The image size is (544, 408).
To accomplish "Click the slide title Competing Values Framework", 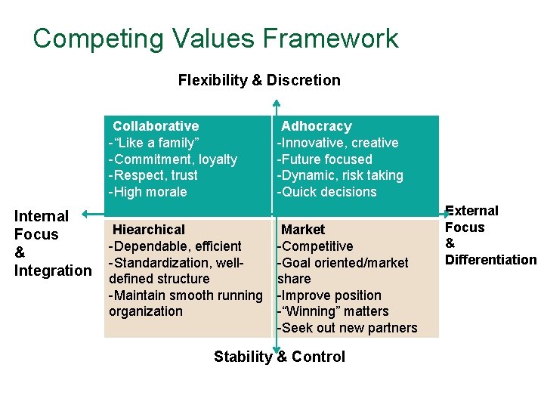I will (x=215, y=39).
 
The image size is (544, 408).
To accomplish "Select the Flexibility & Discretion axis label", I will (x=259, y=80).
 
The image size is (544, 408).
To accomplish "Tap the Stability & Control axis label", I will (x=280, y=357).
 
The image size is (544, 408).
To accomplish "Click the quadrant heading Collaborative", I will (x=156, y=126).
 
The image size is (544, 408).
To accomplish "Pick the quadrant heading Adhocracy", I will (x=317, y=126).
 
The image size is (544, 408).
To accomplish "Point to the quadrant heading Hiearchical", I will (x=149, y=230).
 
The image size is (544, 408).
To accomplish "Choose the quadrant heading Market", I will (x=303, y=230).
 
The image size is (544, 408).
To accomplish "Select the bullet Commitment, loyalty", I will (x=175, y=159).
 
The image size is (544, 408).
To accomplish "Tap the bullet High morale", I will (x=150, y=192).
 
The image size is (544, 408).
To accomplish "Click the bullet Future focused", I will (x=326, y=159).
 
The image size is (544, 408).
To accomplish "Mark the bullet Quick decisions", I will (x=328, y=192).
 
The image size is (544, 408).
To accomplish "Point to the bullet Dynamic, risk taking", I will (x=342, y=175).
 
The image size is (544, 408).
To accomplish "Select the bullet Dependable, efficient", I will (x=177, y=246).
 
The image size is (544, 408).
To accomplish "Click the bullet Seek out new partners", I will (x=348, y=328).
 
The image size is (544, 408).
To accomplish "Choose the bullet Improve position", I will (x=330, y=295).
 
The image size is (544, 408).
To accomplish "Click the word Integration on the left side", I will (x=53, y=270).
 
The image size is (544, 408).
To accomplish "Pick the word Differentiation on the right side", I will (x=491, y=260).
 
